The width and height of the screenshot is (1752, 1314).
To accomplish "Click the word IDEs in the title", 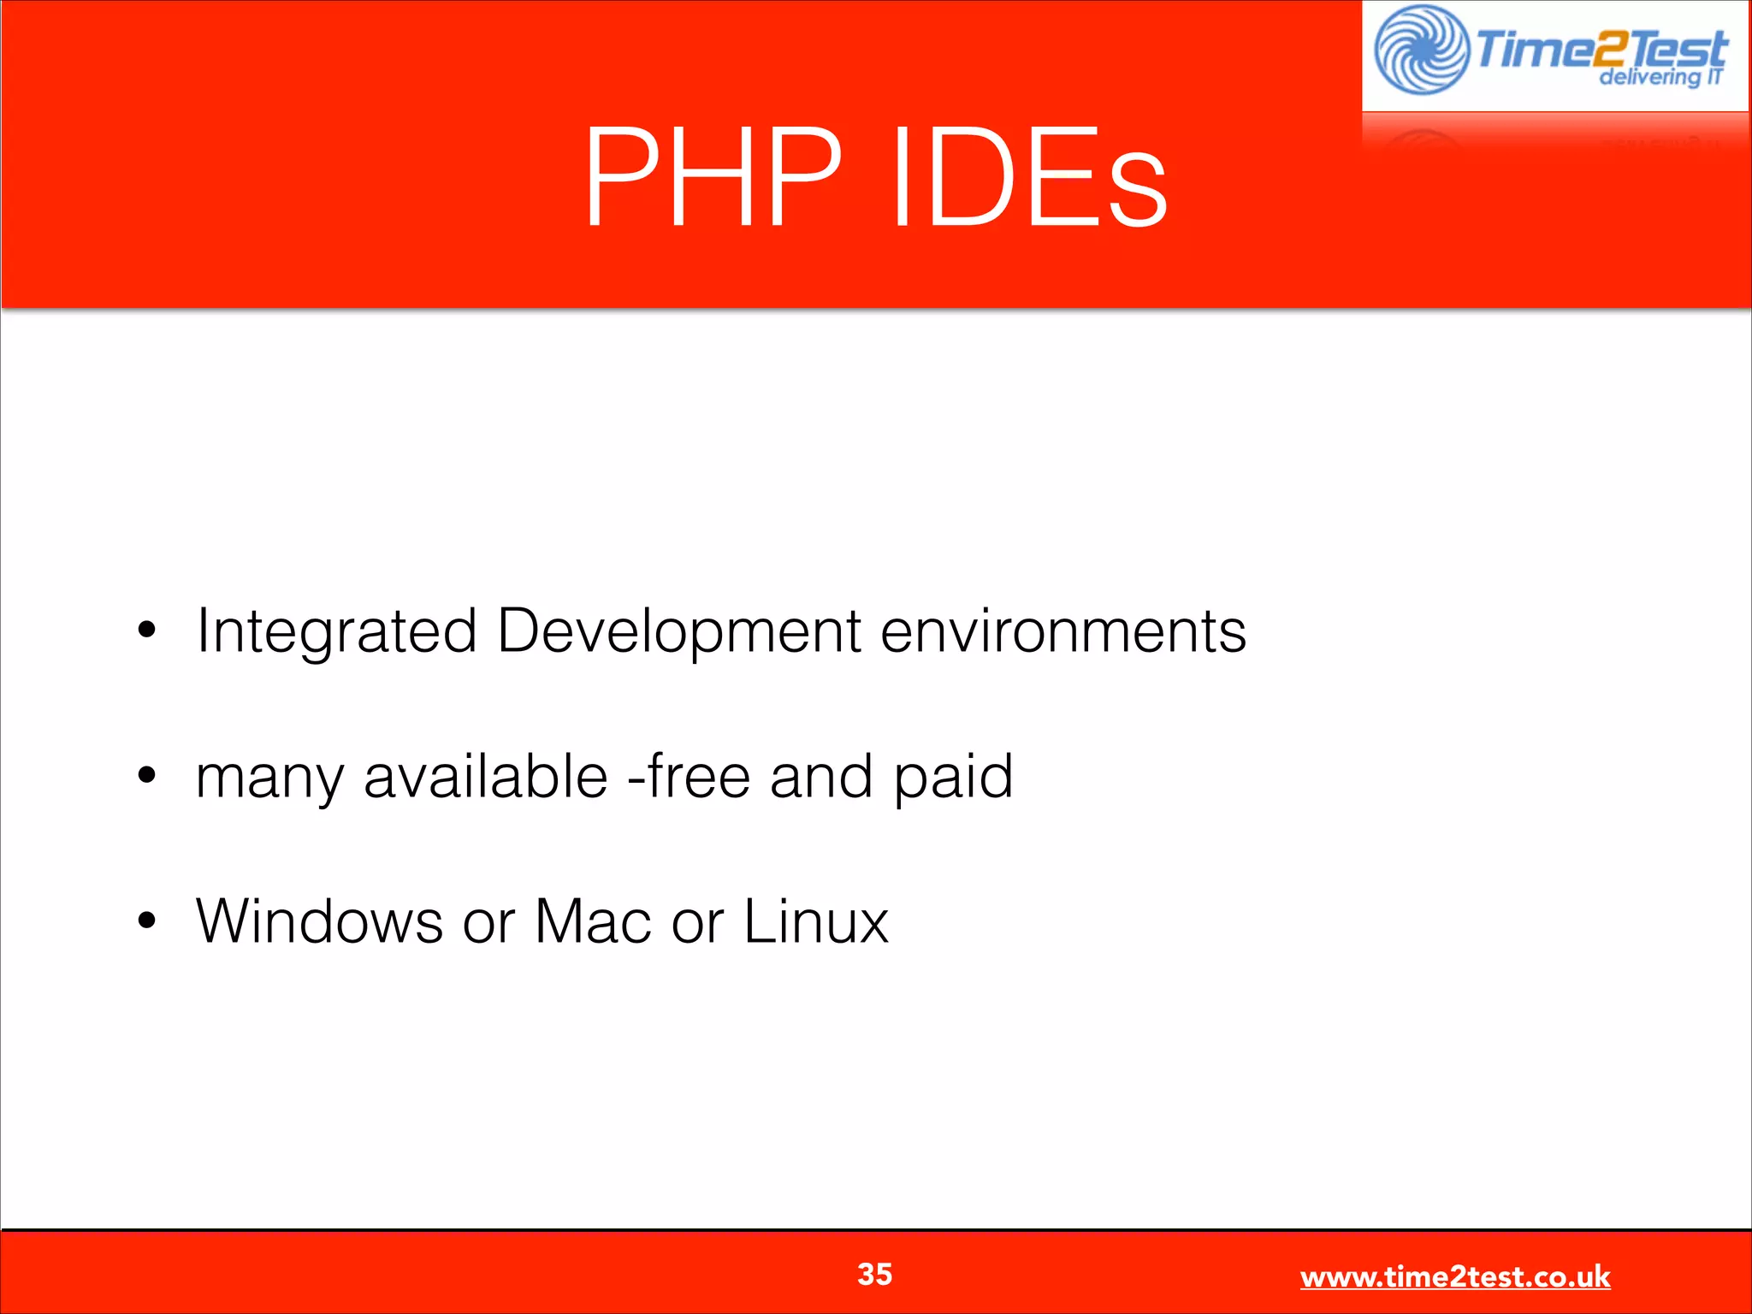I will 1029,177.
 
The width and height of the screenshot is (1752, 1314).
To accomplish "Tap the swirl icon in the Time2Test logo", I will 1421,50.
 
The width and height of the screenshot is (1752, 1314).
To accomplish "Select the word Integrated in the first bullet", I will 336,631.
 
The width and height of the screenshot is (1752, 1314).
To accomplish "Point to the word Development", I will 679,631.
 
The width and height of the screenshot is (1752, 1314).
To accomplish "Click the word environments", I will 1063,631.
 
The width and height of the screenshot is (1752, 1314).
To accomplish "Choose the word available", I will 485,776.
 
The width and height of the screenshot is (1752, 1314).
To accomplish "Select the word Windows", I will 319,921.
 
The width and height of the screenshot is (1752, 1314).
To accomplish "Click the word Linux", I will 816,921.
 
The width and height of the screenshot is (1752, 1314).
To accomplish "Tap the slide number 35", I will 874,1274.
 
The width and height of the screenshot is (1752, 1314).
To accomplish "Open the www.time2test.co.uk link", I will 1454,1276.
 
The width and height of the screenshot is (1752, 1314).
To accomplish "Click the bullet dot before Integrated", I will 147,630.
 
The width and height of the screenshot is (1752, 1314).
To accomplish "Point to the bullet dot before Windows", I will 147,920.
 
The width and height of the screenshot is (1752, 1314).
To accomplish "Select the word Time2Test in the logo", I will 1600,48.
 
